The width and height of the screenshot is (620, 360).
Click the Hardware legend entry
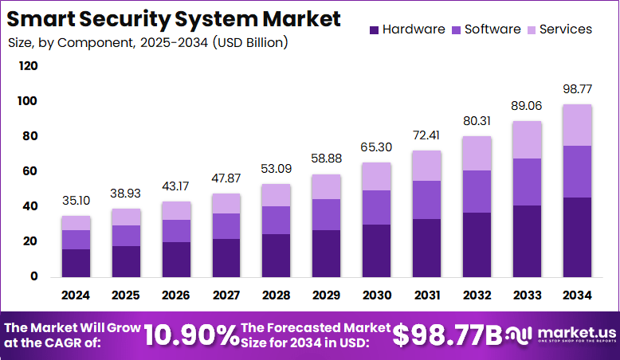point(406,29)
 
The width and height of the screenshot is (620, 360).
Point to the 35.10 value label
point(76,200)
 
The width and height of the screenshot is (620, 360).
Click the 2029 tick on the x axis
point(327,295)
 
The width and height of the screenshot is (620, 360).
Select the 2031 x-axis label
point(427,295)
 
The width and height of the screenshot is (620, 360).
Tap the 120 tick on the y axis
point(28,66)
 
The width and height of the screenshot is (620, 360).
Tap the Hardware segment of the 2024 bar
point(76,263)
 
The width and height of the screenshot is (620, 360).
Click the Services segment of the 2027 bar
point(226,203)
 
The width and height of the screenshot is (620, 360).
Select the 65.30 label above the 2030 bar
point(377,147)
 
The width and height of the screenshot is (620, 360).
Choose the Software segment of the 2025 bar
point(126,236)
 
